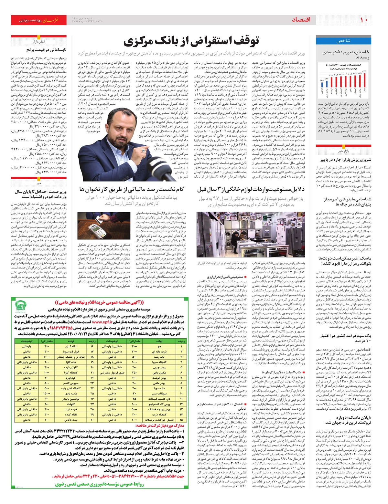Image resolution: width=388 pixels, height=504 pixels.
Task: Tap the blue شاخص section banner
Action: [x=343, y=41]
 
